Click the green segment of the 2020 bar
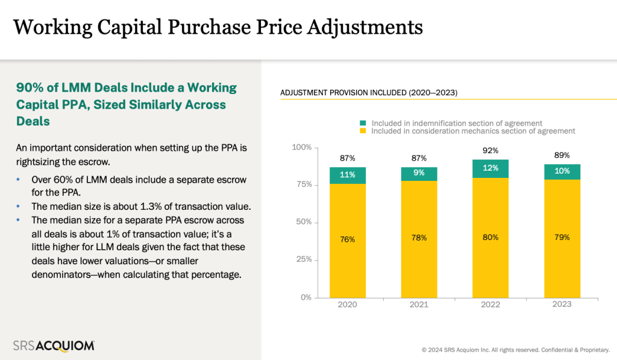(x=348, y=175)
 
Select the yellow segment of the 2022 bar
(x=490, y=238)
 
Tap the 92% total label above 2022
(x=490, y=151)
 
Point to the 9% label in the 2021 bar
(x=419, y=173)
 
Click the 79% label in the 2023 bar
(x=562, y=237)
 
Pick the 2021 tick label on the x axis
(x=419, y=305)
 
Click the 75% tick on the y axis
(x=302, y=185)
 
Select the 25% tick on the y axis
(x=302, y=260)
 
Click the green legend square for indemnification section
(x=363, y=123)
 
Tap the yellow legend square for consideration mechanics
(x=363, y=131)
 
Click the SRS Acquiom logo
(x=54, y=346)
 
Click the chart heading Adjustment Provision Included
(x=369, y=93)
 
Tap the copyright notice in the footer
(x=515, y=349)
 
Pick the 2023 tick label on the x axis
(x=562, y=305)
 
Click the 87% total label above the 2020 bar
(x=348, y=158)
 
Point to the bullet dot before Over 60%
(x=19, y=180)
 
